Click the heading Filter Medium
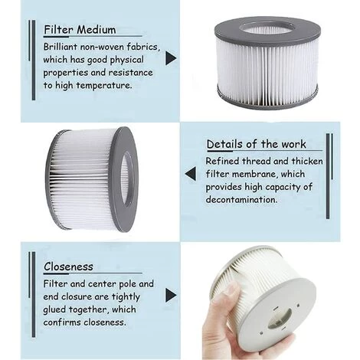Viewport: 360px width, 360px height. click(x=80, y=31)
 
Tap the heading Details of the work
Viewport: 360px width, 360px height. click(x=256, y=144)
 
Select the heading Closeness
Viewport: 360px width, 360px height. click(x=68, y=267)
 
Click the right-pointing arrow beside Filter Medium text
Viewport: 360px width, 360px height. click(x=171, y=58)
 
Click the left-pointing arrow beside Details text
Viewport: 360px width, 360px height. click(x=190, y=174)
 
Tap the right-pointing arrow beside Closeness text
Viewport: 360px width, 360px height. click(x=171, y=295)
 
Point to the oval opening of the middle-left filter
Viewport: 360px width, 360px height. click(x=124, y=178)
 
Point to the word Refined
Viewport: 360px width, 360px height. click(x=224, y=161)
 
